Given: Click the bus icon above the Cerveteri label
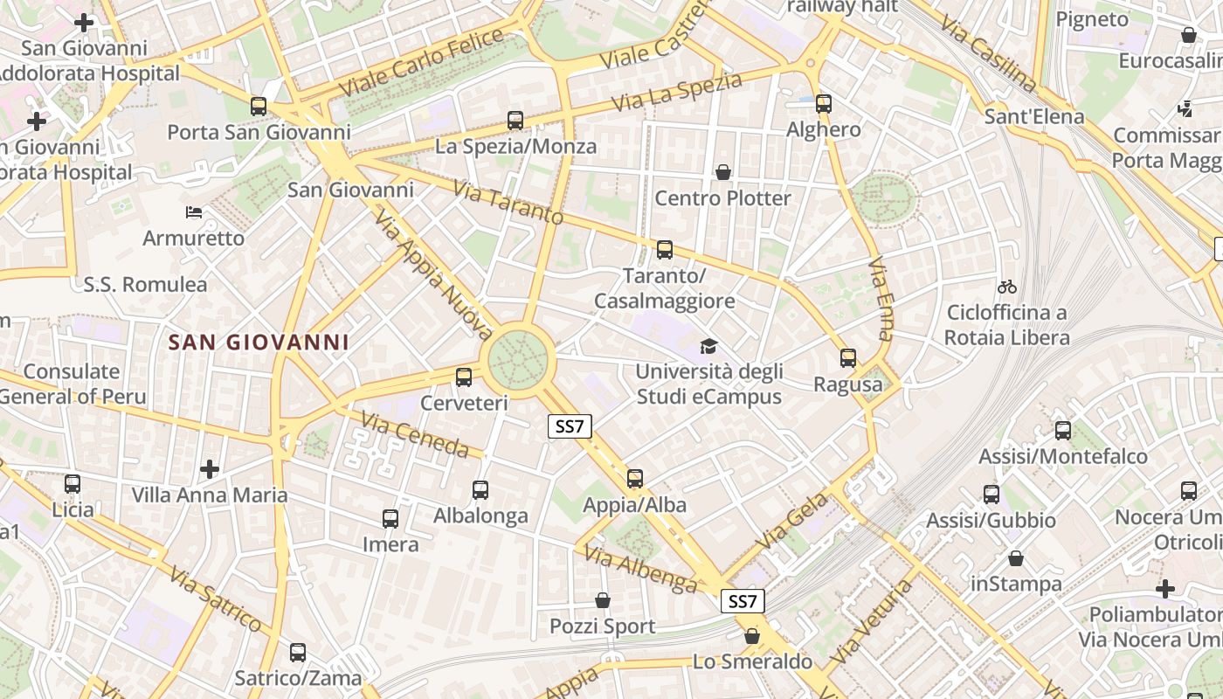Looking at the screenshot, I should (x=463, y=377).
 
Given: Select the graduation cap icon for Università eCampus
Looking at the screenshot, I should (x=708, y=347).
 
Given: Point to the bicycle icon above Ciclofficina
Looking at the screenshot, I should (x=1007, y=287).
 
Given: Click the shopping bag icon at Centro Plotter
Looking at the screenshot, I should (x=723, y=172).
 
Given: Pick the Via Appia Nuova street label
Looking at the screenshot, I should (x=434, y=273).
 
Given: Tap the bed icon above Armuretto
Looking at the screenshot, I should (x=194, y=212).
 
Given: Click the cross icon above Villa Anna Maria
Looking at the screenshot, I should (x=209, y=469).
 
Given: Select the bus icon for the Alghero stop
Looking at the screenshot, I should (x=823, y=104).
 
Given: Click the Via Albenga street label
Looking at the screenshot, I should (x=640, y=569).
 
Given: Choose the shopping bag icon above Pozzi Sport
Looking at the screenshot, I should (x=603, y=600).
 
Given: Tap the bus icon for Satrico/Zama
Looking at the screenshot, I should (x=298, y=653).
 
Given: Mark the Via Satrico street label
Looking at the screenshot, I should (x=216, y=599).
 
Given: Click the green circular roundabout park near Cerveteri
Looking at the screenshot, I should (x=517, y=358).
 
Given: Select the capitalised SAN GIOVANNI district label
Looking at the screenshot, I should (x=258, y=343).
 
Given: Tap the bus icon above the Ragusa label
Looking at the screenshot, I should (x=847, y=357).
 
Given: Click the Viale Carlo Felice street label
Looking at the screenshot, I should (x=421, y=64).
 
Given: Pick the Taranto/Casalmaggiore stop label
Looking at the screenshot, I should (x=665, y=288).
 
